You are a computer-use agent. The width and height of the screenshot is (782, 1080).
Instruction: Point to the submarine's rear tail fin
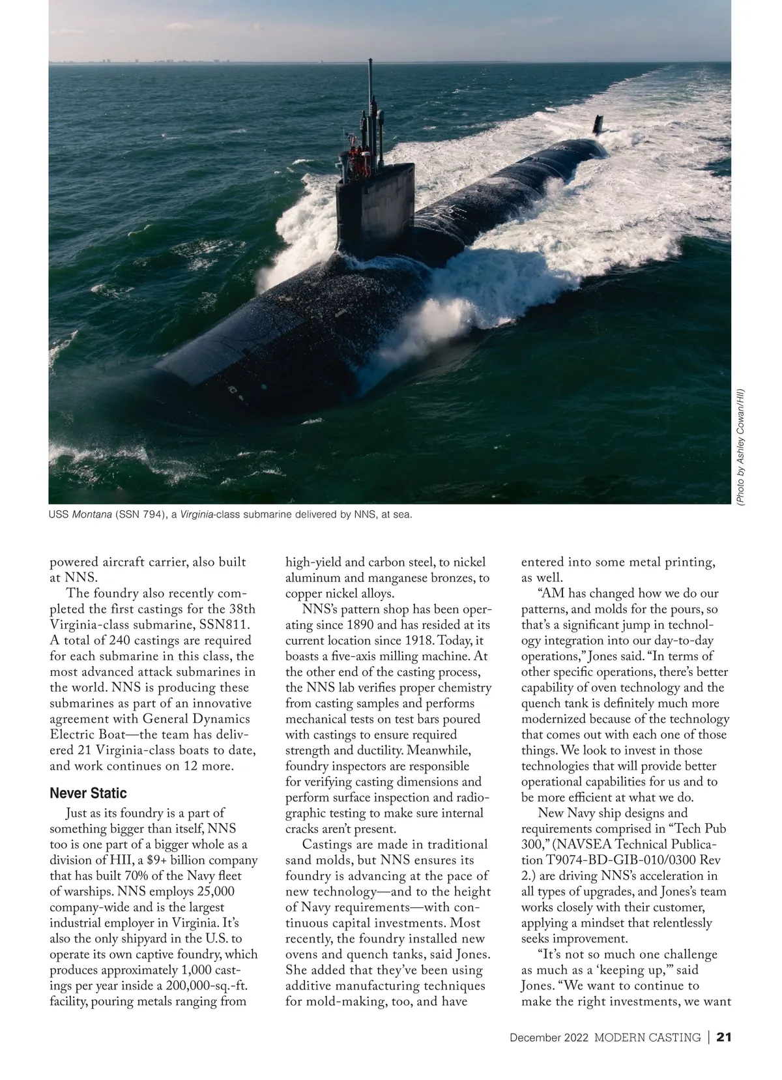[x=598, y=124]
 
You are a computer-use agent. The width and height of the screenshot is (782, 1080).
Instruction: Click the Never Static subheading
[x=88, y=793]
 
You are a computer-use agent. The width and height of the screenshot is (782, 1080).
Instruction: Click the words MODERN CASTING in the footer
[x=648, y=1037]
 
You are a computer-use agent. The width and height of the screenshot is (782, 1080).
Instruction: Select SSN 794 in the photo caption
[x=139, y=515]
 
